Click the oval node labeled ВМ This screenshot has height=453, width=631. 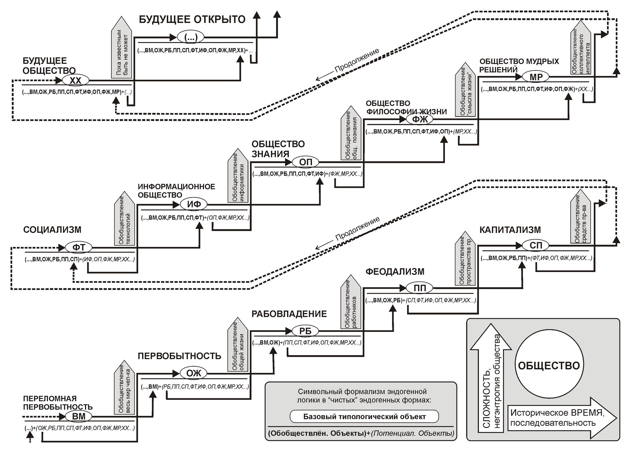point(79,416)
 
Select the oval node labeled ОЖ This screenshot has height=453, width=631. point(194,373)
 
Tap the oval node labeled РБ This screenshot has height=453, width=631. point(305,331)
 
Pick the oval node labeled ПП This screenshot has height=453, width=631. point(419,288)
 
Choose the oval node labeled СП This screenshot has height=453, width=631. point(535,245)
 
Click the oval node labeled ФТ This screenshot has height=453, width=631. point(79,247)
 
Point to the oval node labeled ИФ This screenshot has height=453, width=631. point(194,204)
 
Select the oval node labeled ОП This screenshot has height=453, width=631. point(305,162)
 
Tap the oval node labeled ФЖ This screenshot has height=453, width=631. point(419,119)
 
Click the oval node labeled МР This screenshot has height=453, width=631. point(536,77)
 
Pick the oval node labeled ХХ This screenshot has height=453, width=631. point(76,81)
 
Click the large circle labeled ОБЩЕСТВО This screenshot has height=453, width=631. point(549,366)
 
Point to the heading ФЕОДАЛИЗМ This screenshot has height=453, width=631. point(395,272)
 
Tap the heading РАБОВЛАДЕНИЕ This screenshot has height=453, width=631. point(289,314)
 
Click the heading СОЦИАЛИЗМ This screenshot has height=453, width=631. point(52,230)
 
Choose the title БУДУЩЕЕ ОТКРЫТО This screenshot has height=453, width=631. point(192,19)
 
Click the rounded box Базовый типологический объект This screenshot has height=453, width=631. point(364,416)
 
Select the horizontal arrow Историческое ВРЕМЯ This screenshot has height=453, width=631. point(562,418)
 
